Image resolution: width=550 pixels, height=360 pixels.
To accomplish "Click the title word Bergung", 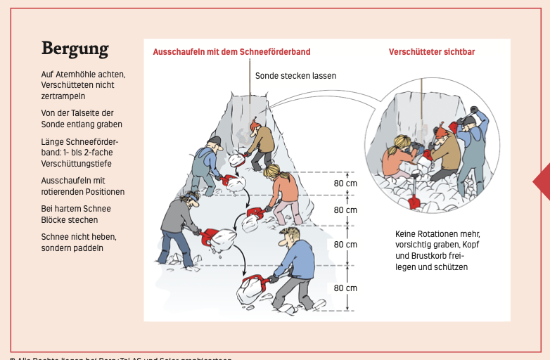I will [x=75, y=49].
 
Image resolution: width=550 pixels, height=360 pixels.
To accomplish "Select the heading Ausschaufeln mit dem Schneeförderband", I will [x=231, y=52].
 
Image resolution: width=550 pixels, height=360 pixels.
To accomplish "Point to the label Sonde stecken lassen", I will [x=295, y=75].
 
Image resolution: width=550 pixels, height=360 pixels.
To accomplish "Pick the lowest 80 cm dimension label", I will [x=345, y=288].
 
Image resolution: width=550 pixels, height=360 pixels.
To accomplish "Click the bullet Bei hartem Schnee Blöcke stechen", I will [x=76, y=214].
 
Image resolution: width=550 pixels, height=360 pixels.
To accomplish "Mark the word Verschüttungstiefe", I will [x=76, y=164].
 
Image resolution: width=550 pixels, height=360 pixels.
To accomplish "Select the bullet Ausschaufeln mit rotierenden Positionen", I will [x=82, y=186].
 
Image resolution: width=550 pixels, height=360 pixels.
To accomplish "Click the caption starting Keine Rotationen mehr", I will [x=437, y=250].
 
